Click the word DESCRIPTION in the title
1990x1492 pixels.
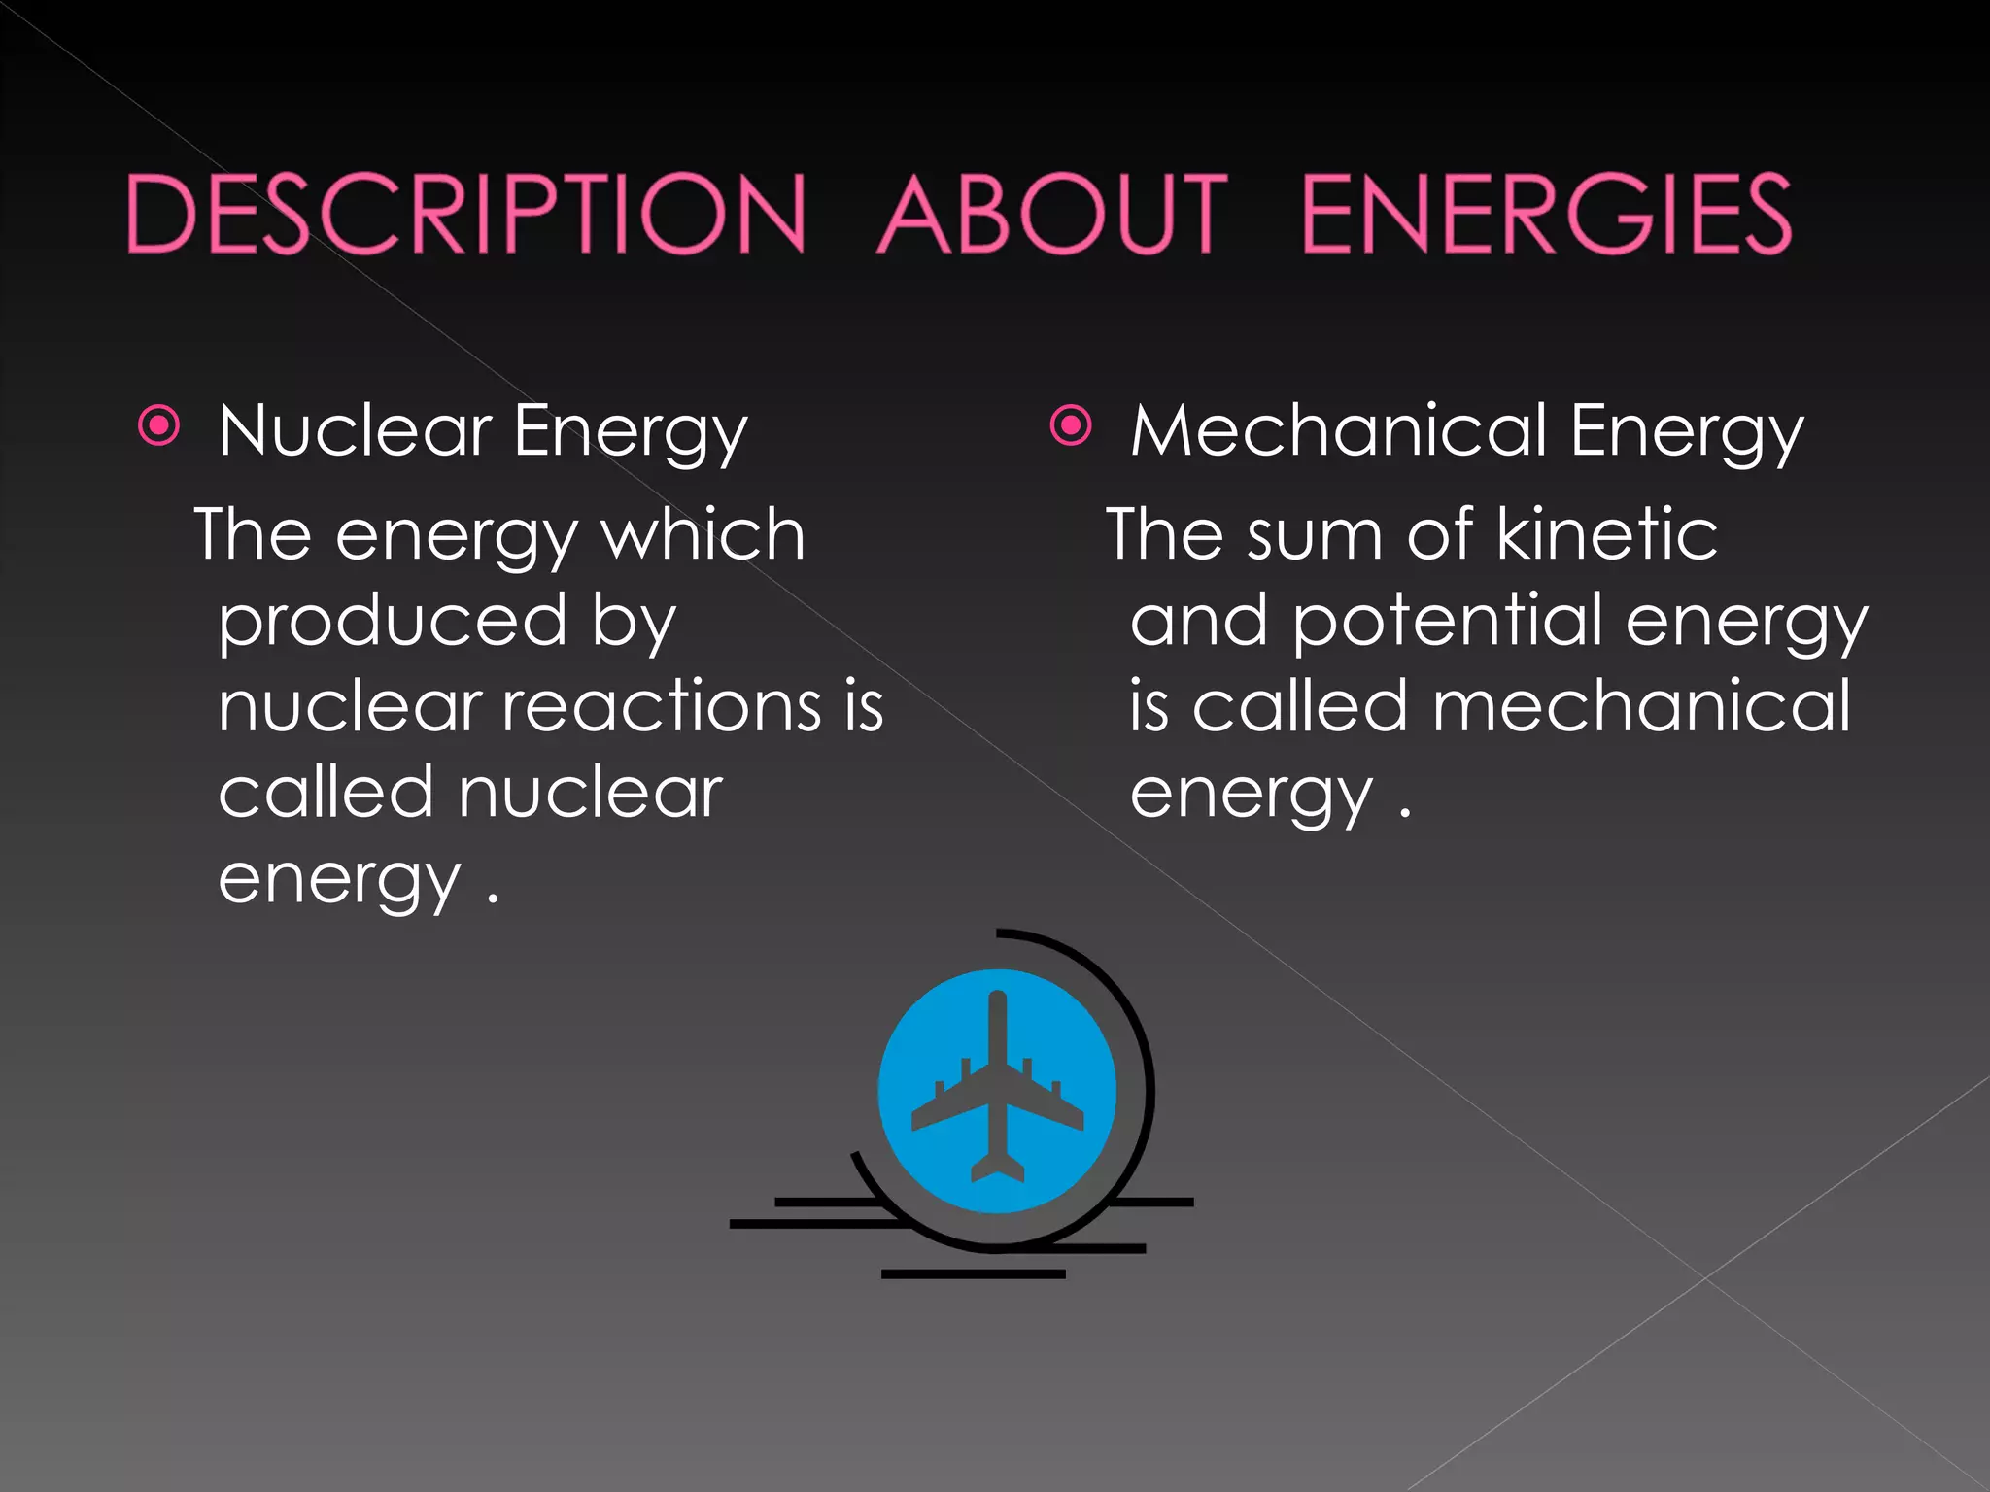pos(466,214)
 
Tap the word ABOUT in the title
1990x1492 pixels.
pos(1053,214)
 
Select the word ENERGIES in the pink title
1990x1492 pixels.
pos(1545,214)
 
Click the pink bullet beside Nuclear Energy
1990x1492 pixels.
pos(159,425)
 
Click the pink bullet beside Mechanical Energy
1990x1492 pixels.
pos(1071,425)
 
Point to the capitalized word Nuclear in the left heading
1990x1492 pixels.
pos(356,430)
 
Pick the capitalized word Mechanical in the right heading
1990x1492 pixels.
pos(1339,430)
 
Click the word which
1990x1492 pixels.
pos(703,534)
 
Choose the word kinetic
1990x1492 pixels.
pos(1607,534)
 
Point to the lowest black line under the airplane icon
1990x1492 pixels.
pos(973,1273)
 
